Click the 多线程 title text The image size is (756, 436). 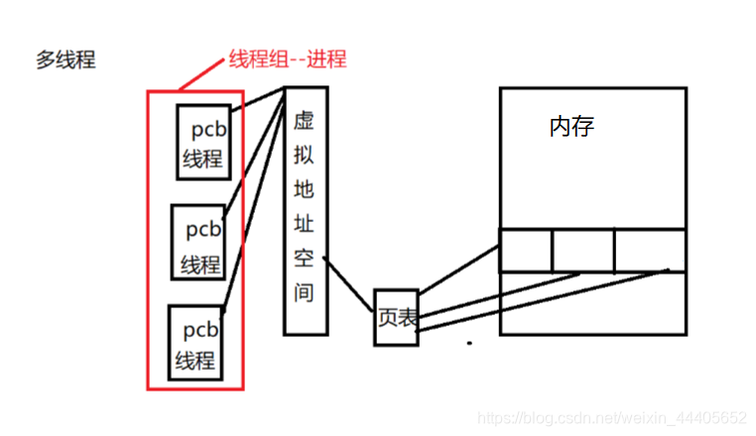click(x=65, y=59)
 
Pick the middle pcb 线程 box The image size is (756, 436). click(x=198, y=243)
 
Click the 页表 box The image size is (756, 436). click(x=395, y=317)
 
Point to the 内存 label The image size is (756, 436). click(x=571, y=127)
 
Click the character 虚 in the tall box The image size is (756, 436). click(x=304, y=121)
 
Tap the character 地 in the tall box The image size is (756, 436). click(x=304, y=189)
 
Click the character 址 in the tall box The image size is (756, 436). click(x=304, y=224)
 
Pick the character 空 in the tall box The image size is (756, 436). click(x=304, y=259)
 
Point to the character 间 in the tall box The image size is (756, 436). click(x=304, y=293)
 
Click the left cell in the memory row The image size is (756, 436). click(x=525, y=249)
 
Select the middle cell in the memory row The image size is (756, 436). click(x=583, y=249)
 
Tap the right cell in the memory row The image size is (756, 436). click(x=649, y=249)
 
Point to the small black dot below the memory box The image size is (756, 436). click(x=470, y=345)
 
